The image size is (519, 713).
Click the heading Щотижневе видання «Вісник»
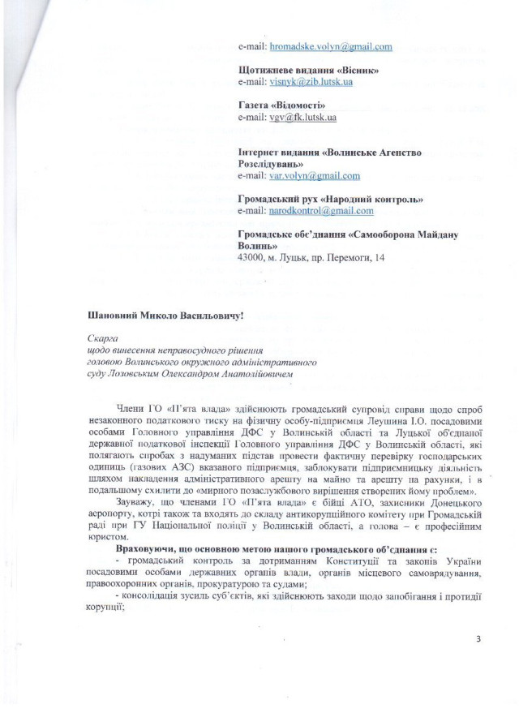[309, 71]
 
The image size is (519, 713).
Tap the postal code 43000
[253, 257]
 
